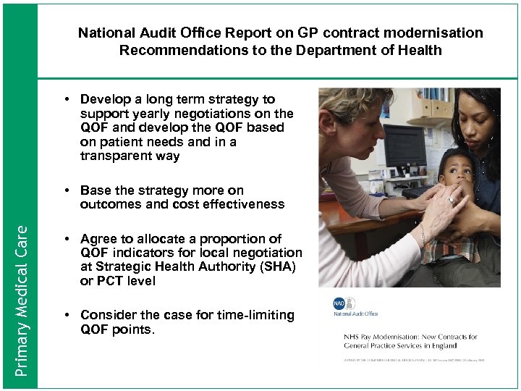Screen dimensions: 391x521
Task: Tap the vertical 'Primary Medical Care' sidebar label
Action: [x=22, y=300]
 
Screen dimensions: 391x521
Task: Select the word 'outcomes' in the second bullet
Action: [x=109, y=204]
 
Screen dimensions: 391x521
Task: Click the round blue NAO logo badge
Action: [x=339, y=304]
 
